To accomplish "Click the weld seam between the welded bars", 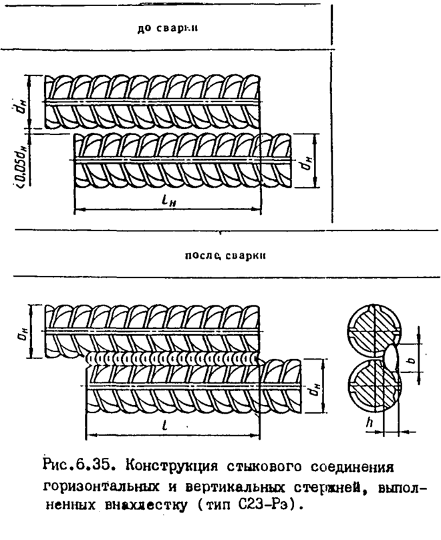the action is pyautogui.click(x=174, y=358).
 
